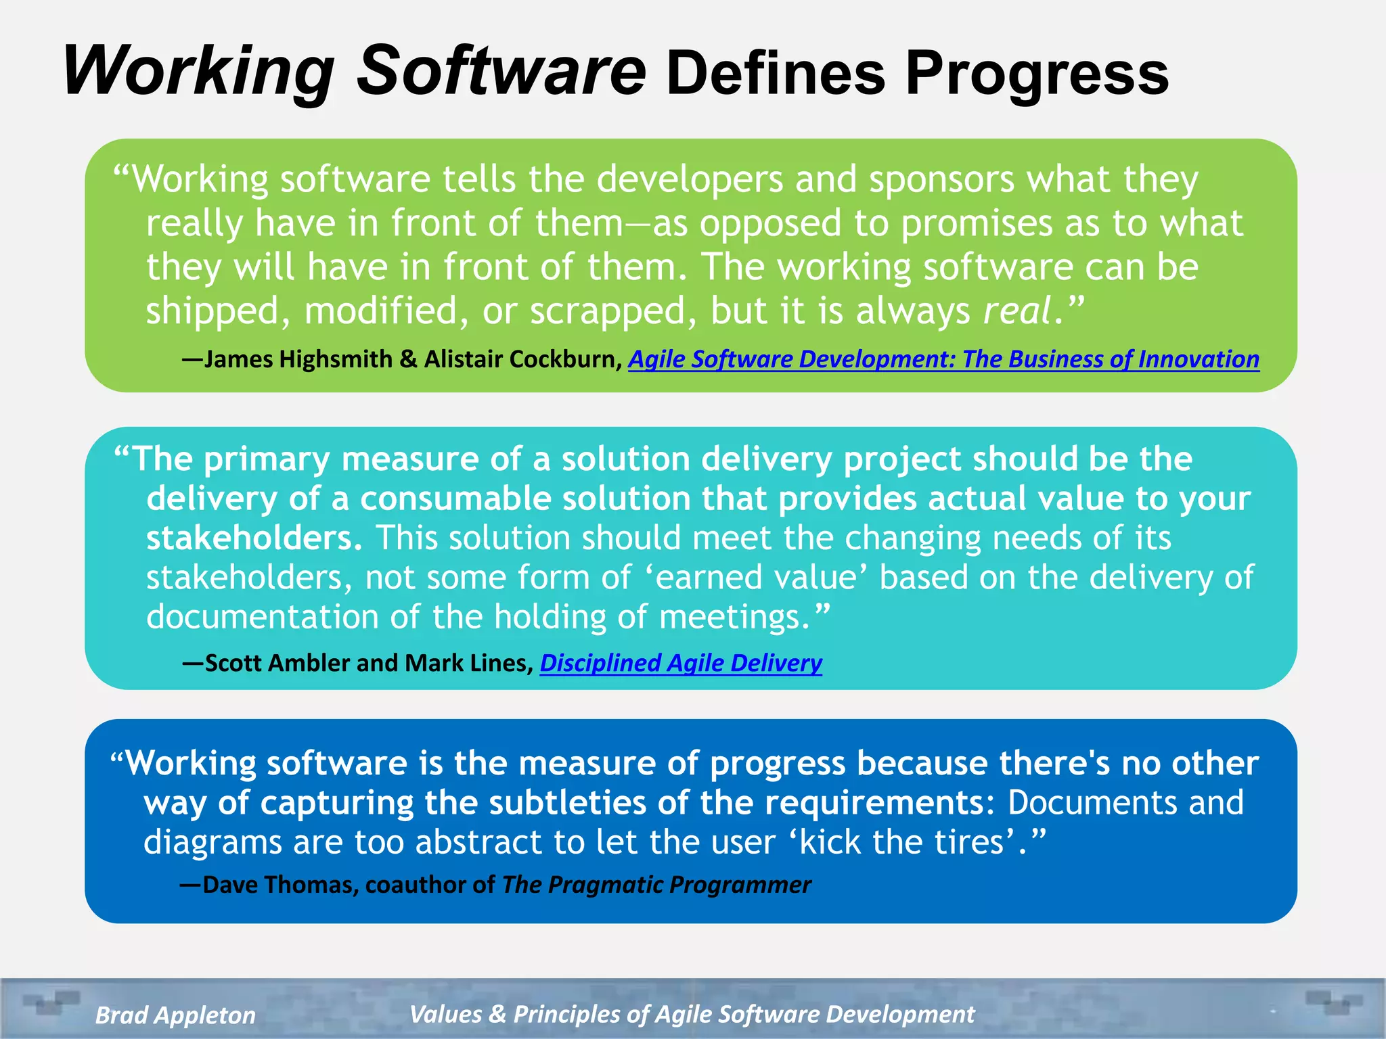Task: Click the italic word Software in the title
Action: (x=501, y=70)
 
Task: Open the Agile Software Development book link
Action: (x=943, y=359)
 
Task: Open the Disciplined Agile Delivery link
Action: (x=681, y=663)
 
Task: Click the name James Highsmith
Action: (x=298, y=359)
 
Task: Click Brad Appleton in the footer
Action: (x=175, y=1015)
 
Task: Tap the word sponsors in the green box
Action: (x=941, y=180)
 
